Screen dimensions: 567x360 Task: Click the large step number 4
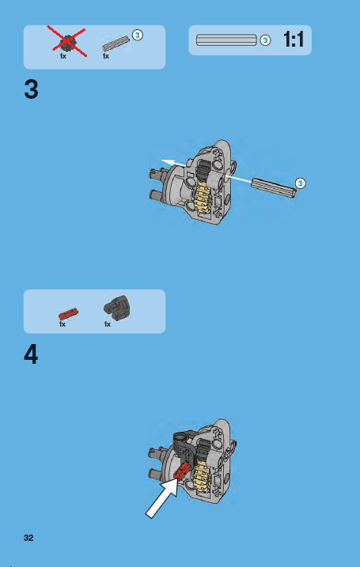pyautogui.click(x=31, y=353)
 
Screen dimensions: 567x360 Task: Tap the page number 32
pyautogui.click(x=28, y=538)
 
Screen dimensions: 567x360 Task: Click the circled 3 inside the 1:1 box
pyautogui.click(x=265, y=40)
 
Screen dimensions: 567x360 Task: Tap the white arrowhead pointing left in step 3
pyautogui.click(x=166, y=162)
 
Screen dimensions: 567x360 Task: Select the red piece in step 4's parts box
pyautogui.click(x=67, y=312)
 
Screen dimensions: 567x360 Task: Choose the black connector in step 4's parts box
pyautogui.click(x=119, y=308)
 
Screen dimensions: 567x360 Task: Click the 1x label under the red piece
pyautogui.click(x=62, y=324)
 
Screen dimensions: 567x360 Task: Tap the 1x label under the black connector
pyautogui.click(x=106, y=324)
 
